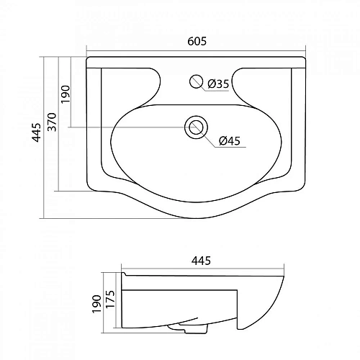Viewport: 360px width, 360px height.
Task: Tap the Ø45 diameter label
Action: pyautogui.click(x=228, y=140)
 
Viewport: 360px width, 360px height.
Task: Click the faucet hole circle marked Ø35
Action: pyautogui.click(x=194, y=81)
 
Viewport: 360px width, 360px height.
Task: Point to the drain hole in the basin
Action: pyautogui.click(x=195, y=128)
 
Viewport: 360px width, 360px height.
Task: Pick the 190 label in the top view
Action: pyautogui.click(x=66, y=94)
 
